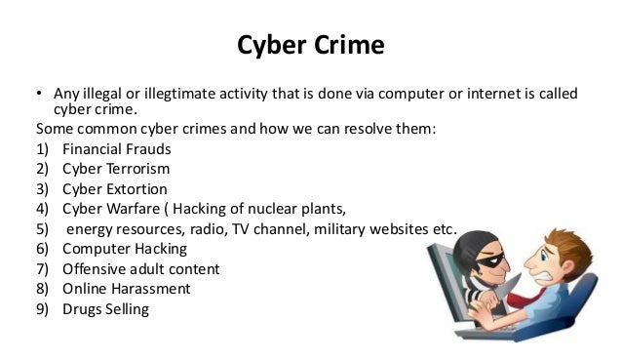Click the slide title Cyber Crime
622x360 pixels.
pyautogui.click(x=310, y=47)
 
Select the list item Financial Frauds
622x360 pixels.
pyautogui.click(x=117, y=150)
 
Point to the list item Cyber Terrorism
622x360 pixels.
pyautogui.click(x=116, y=169)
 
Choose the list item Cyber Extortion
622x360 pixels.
pyautogui.click(x=115, y=188)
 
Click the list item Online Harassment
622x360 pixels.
pyautogui.click(x=127, y=289)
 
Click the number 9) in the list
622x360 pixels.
pyautogui.click(x=42, y=309)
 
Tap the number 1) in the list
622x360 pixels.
pyautogui.click(x=42, y=150)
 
